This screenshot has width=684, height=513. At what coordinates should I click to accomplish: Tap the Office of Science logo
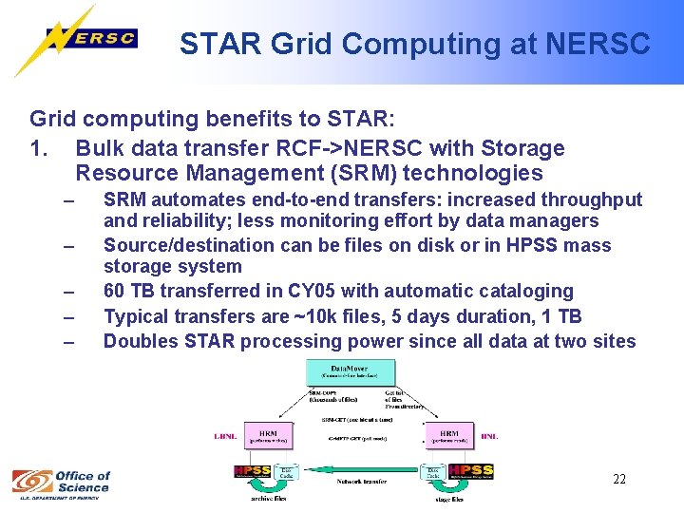click(62, 482)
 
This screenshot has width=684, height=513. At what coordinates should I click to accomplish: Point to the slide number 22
click(618, 479)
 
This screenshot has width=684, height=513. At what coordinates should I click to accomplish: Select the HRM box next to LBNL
click(268, 437)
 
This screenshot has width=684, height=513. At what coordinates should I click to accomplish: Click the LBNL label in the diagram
click(225, 437)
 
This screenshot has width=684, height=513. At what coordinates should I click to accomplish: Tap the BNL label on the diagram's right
click(489, 437)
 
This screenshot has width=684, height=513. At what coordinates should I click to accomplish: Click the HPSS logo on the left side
click(252, 471)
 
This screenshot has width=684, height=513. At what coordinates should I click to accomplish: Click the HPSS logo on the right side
click(471, 470)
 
